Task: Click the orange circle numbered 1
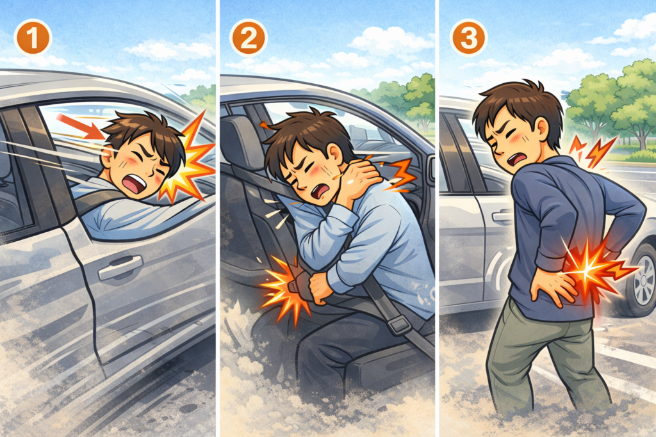(x=33, y=38)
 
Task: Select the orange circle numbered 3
(x=468, y=38)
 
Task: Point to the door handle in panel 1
(x=120, y=267)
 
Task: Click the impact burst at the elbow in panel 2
(x=284, y=289)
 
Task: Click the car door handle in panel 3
(x=502, y=216)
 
